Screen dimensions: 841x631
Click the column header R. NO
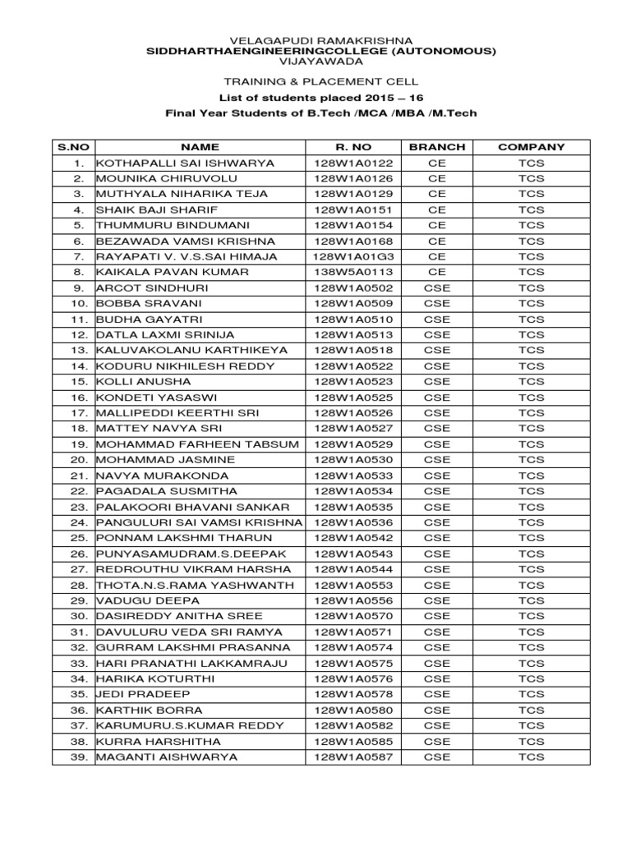click(x=353, y=147)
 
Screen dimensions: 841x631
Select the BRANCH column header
click(x=437, y=147)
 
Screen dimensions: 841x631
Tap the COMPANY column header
click(x=532, y=147)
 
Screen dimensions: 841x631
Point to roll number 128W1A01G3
click(x=353, y=256)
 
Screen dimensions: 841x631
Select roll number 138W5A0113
click(x=353, y=272)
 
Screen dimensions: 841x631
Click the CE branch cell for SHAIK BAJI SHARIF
click(x=437, y=209)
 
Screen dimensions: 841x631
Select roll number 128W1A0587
click(x=353, y=756)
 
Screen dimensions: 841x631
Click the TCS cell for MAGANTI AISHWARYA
click(x=532, y=756)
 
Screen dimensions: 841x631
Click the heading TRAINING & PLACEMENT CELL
click(x=315, y=81)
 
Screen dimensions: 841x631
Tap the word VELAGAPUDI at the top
click(x=267, y=40)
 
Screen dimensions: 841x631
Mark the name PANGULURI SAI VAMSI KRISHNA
click(x=200, y=522)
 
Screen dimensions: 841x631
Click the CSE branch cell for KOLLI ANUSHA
click(x=437, y=382)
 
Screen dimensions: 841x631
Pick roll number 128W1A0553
click(x=353, y=585)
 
